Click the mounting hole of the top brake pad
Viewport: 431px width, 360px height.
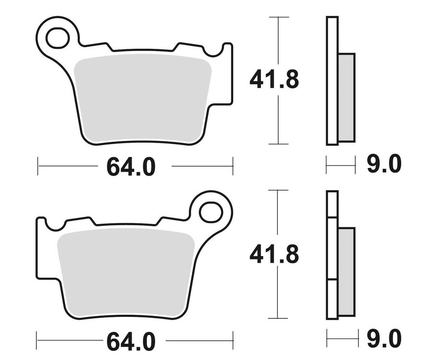click(x=57, y=38)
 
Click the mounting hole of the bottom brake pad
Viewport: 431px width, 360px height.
click(x=211, y=212)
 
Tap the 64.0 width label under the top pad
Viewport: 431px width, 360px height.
click(x=131, y=167)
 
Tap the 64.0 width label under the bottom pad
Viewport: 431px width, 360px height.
click(x=131, y=341)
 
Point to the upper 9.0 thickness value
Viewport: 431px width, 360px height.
click(x=384, y=165)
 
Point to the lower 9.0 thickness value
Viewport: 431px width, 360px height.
click(x=384, y=340)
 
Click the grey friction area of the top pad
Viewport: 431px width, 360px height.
click(x=142, y=98)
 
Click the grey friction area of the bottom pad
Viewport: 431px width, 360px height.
click(x=126, y=273)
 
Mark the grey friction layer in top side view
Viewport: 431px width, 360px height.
click(x=346, y=98)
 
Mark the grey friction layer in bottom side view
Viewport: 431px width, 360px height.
click(x=346, y=272)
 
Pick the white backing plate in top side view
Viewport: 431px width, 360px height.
click(x=332, y=80)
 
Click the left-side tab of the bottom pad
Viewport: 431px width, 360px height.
click(x=42, y=249)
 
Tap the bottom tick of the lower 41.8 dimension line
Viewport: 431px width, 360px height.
click(x=278, y=318)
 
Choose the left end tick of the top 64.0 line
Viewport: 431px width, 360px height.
click(x=38, y=167)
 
